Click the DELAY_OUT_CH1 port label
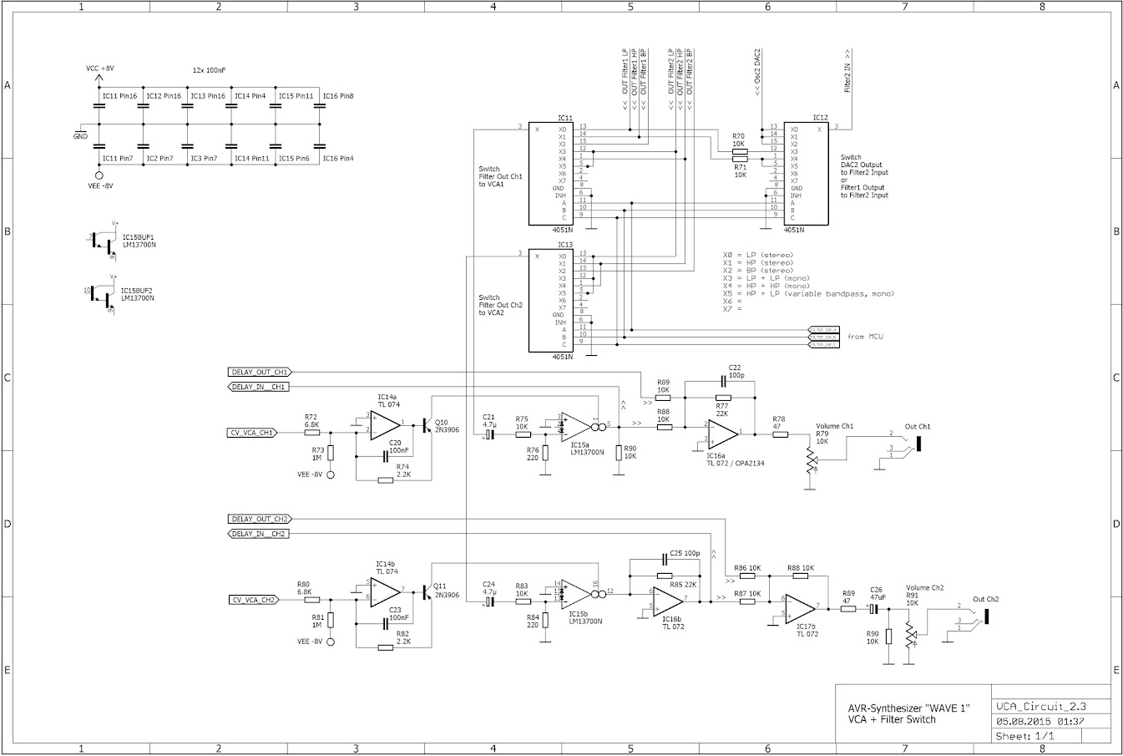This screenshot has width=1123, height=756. [x=259, y=372]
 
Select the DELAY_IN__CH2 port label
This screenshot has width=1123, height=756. [x=259, y=534]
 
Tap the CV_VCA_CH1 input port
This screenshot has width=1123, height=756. [x=252, y=433]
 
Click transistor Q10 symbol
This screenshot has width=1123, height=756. [x=427, y=425]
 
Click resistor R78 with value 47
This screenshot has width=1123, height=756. [x=778, y=434]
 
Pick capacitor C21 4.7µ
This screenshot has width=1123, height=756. [x=489, y=434]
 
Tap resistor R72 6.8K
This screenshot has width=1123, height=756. [x=311, y=433]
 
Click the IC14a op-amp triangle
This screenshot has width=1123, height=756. [x=384, y=424]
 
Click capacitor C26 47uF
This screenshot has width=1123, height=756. [x=875, y=609]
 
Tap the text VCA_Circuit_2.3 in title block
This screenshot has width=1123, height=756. [x=1037, y=706]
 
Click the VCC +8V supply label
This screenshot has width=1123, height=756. [x=100, y=68]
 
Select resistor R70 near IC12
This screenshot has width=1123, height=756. [x=739, y=151]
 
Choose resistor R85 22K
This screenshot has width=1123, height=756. [x=665, y=576]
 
